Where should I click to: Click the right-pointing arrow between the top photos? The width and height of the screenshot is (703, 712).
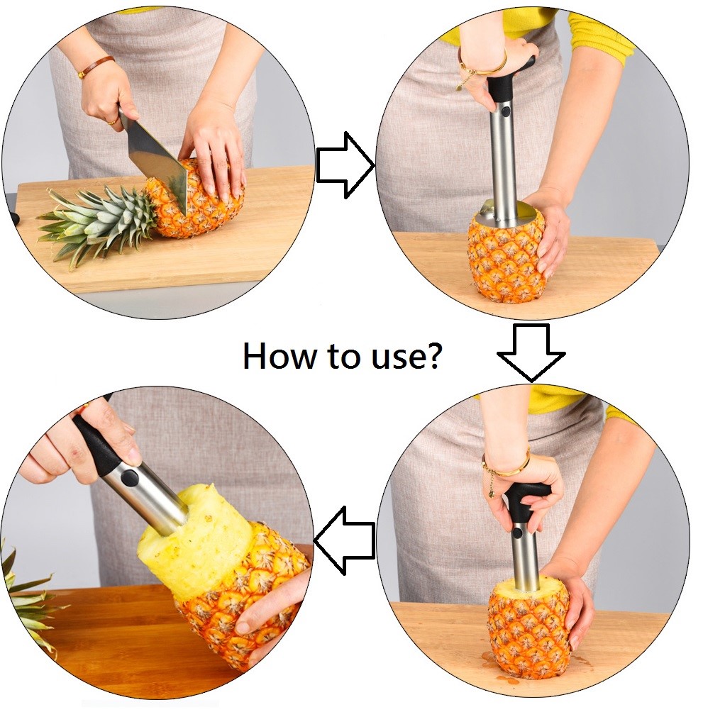[x=345, y=165]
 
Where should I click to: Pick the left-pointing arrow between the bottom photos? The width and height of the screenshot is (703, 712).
[x=345, y=540]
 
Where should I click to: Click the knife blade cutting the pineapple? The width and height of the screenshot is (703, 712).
[x=160, y=165]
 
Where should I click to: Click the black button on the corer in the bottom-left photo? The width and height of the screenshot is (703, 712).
[x=131, y=477]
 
